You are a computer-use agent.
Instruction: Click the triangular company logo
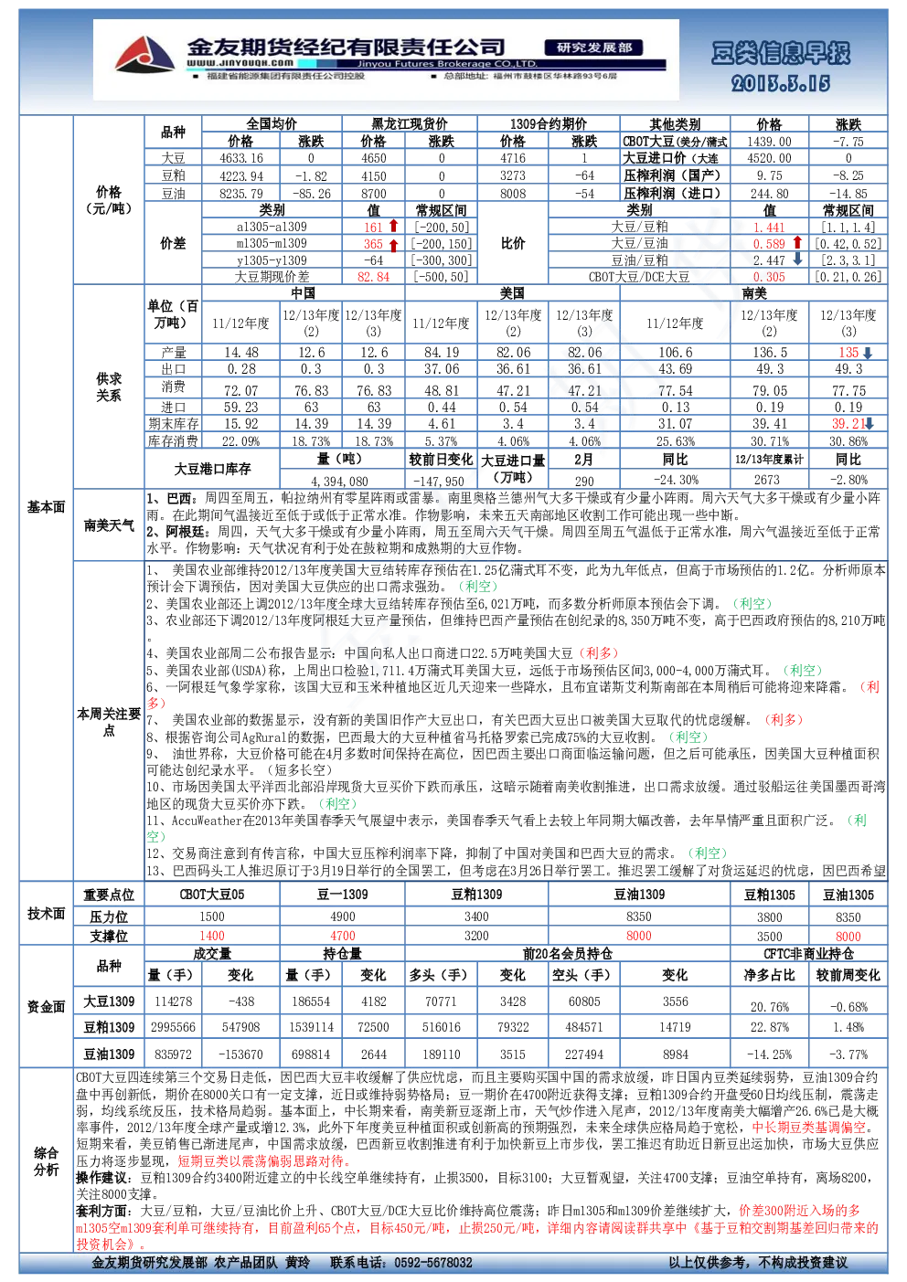(x=144, y=55)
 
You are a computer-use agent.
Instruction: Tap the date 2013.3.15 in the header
(x=781, y=84)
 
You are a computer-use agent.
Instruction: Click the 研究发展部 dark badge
(x=593, y=48)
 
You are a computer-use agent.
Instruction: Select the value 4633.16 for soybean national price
(x=241, y=158)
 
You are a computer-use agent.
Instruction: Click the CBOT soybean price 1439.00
(x=769, y=142)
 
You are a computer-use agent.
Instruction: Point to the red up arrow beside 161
(x=393, y=226)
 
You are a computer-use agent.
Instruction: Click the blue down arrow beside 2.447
(x=797, y=259)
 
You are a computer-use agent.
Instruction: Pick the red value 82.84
(x=373, y=277)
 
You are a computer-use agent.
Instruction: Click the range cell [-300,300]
(x=442, y=260)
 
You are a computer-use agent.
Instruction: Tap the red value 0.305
(x=769, y=277)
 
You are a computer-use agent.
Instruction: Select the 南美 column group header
(x=753, y=293)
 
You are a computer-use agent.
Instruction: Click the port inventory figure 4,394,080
(x=339, y=482)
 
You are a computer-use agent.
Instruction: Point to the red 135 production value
(x=848, y=353)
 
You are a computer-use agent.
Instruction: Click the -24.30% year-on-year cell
(x=675, y=480)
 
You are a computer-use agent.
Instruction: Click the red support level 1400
(x=212, y=936)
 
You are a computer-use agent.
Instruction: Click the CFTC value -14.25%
(x=769, y=1054)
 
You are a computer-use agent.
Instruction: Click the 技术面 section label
(x=47, y=914)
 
